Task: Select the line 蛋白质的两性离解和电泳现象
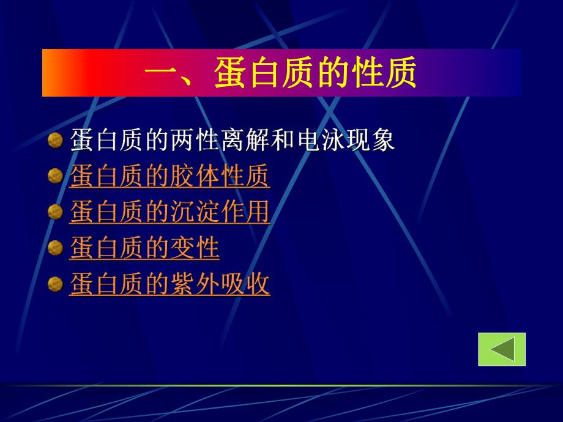[x=233, y=141]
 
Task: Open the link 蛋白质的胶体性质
[x=170, y=177]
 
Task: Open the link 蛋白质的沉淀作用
[x=170, y=212]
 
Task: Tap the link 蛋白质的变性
[x=144, y=248]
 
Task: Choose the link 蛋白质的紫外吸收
[x=170, y=284]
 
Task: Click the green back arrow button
[x=502, y=349]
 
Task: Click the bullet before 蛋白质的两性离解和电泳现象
[x=56, y=141]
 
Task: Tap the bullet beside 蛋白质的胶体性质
[x=56, y=177]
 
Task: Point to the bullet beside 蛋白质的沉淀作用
[x=56, y=212]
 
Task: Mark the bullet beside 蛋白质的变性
[x=56, y=248]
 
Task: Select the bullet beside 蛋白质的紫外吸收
[x=56, y=284]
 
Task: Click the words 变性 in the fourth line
[x=195, y=248]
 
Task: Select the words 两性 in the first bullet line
[x=195, y=141]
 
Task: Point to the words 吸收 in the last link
[x=245, y=284]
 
